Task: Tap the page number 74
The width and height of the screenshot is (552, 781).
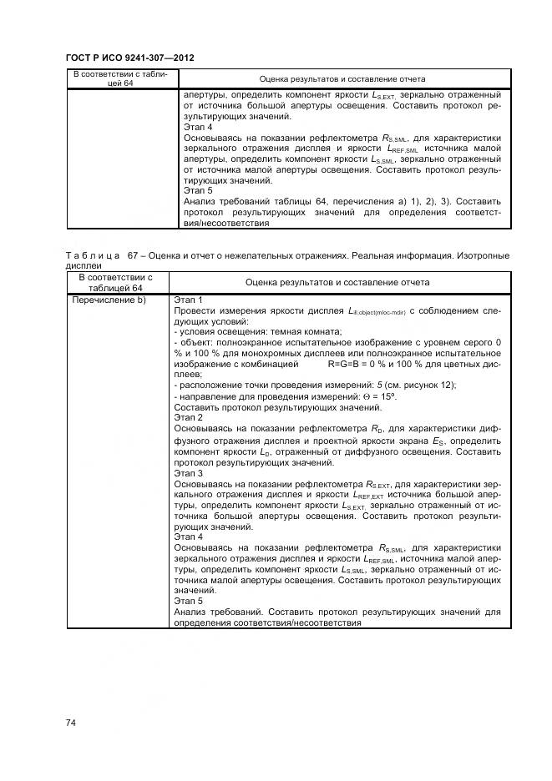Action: (71, 723)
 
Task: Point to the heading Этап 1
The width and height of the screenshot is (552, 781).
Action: (188, 300)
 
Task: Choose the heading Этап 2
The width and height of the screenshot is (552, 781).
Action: (188, 417)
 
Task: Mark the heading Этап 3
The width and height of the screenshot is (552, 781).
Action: (188, 472)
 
